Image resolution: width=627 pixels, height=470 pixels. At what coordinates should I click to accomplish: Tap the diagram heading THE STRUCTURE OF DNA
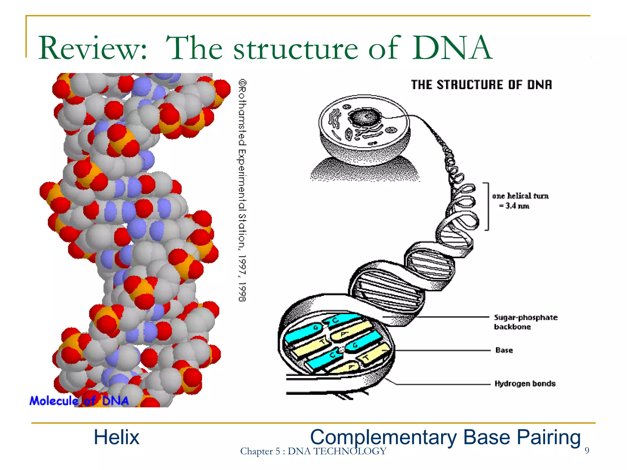coord(481,85)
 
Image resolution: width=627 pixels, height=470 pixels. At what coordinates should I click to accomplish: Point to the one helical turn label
coord(520,196)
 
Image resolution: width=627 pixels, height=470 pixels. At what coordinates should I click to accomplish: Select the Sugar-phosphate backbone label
coord(525,322)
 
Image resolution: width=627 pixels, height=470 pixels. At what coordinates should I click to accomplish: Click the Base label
coord(504,350)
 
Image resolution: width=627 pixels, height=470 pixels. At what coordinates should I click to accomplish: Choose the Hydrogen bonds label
coord(525,383)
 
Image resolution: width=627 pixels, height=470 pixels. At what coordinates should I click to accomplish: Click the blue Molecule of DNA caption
coord(79,401)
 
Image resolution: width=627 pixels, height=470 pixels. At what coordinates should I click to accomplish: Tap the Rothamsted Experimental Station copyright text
coord(242,190)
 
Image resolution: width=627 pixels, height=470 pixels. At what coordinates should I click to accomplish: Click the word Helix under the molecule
coord(116,437)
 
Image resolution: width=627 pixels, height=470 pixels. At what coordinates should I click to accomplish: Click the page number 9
coord(587,450)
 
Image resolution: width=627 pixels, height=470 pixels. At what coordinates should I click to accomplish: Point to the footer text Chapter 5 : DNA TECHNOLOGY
coord(313,451)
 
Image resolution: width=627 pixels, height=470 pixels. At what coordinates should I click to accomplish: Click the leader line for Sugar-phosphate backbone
coord(444,317)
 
